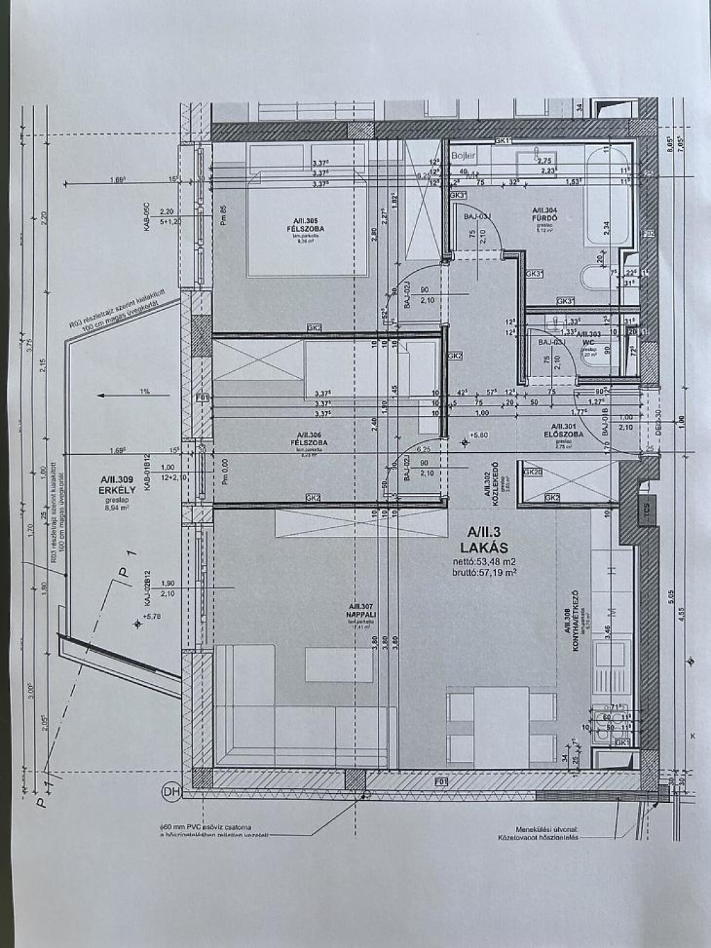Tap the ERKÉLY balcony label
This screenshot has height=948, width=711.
click(116, 488)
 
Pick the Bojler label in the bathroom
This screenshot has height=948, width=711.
click(463, 156)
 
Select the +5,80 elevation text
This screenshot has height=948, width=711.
click(479, 435)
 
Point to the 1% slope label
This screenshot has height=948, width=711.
click(144, 392)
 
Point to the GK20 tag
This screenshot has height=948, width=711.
click(533, 472)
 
